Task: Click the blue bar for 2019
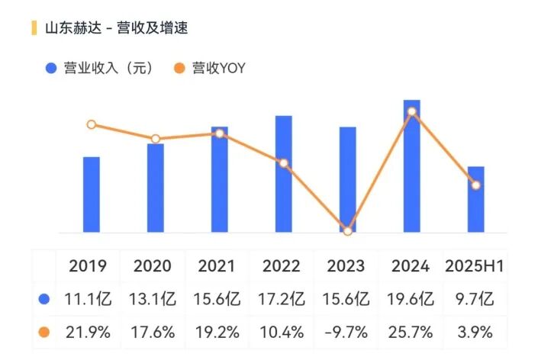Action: click(92, 194)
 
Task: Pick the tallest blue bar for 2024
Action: click(412, 166)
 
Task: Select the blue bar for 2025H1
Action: click(476, 199)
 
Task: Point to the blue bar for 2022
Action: click(284, 174)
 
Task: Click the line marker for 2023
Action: click(348, 231)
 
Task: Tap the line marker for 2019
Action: click(92, 124)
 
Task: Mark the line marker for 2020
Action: click(156, 139)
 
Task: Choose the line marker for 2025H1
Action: click(476, 185)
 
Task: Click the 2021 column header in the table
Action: click(217, 267)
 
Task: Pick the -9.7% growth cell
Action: click(348, 333)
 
